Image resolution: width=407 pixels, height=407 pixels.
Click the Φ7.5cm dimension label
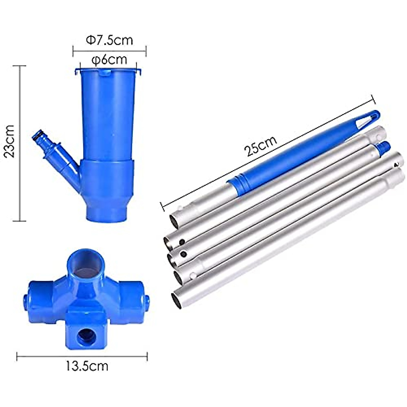pyautogui.click(x=110, y=40)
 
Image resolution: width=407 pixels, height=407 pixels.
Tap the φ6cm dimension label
pyautogui.click(x=109, y=60)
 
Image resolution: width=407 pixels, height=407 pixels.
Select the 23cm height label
pyautogui.click(x=10, y=141)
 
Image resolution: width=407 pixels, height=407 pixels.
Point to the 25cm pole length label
pyautogui.click(x=260, y=146)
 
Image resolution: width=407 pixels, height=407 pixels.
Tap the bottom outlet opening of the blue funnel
pyautogui.click(x=107, y=216)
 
